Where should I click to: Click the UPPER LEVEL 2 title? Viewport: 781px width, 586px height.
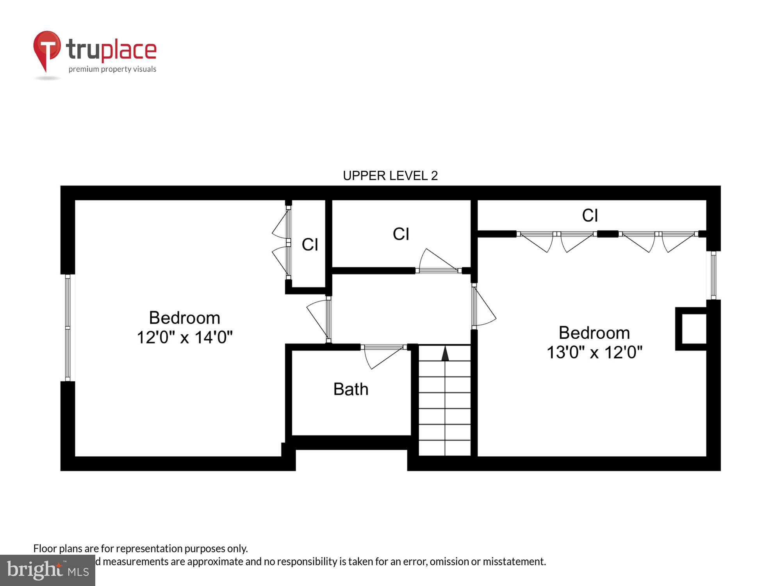[390, 176]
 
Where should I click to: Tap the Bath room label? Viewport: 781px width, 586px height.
[351, 389]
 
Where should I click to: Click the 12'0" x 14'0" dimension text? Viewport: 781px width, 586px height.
[185, 337]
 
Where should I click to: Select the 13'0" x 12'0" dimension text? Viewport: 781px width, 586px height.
[594, 352]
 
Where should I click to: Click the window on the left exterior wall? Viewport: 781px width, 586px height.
[68, 327]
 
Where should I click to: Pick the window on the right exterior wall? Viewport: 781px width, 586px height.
[713, 275]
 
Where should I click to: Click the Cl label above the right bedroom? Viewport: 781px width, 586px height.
[590, 215]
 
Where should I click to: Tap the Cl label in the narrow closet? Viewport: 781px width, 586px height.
[310, 245]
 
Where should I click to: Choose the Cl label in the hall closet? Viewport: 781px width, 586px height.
[401, 234]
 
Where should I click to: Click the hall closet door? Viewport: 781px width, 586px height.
[437, 262]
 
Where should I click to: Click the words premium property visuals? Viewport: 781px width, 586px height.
[112, 69]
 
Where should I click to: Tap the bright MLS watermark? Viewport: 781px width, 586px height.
[48, 570]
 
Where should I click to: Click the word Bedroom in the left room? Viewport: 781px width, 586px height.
[185, 318]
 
